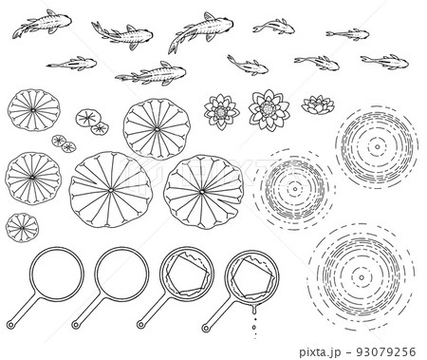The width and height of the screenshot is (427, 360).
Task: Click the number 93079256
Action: pos(386,351)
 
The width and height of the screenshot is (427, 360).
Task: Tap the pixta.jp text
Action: pos(320,352)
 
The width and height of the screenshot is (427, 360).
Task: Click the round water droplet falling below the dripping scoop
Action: pos(254,327)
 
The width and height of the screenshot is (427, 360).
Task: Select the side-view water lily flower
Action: pos(318,104)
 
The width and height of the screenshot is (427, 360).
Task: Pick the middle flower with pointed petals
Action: pos(269,109)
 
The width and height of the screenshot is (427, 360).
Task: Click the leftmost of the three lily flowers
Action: pos(221,111)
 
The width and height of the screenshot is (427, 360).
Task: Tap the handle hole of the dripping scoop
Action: pos(206,328)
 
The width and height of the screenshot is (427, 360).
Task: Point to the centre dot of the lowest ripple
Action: pos(362,277)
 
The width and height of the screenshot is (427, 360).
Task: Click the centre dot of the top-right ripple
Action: pos(378,146)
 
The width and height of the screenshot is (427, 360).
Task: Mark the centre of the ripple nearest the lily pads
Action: pos(295,189)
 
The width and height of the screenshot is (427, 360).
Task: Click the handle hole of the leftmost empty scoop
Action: pos(10,325)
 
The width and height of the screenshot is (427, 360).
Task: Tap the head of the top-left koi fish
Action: pos(65,21)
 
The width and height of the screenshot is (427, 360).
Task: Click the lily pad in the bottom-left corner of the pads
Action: pos(22,228)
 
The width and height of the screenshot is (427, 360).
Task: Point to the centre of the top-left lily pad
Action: pos(33,110)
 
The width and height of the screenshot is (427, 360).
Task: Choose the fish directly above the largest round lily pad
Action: pos(151,74)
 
